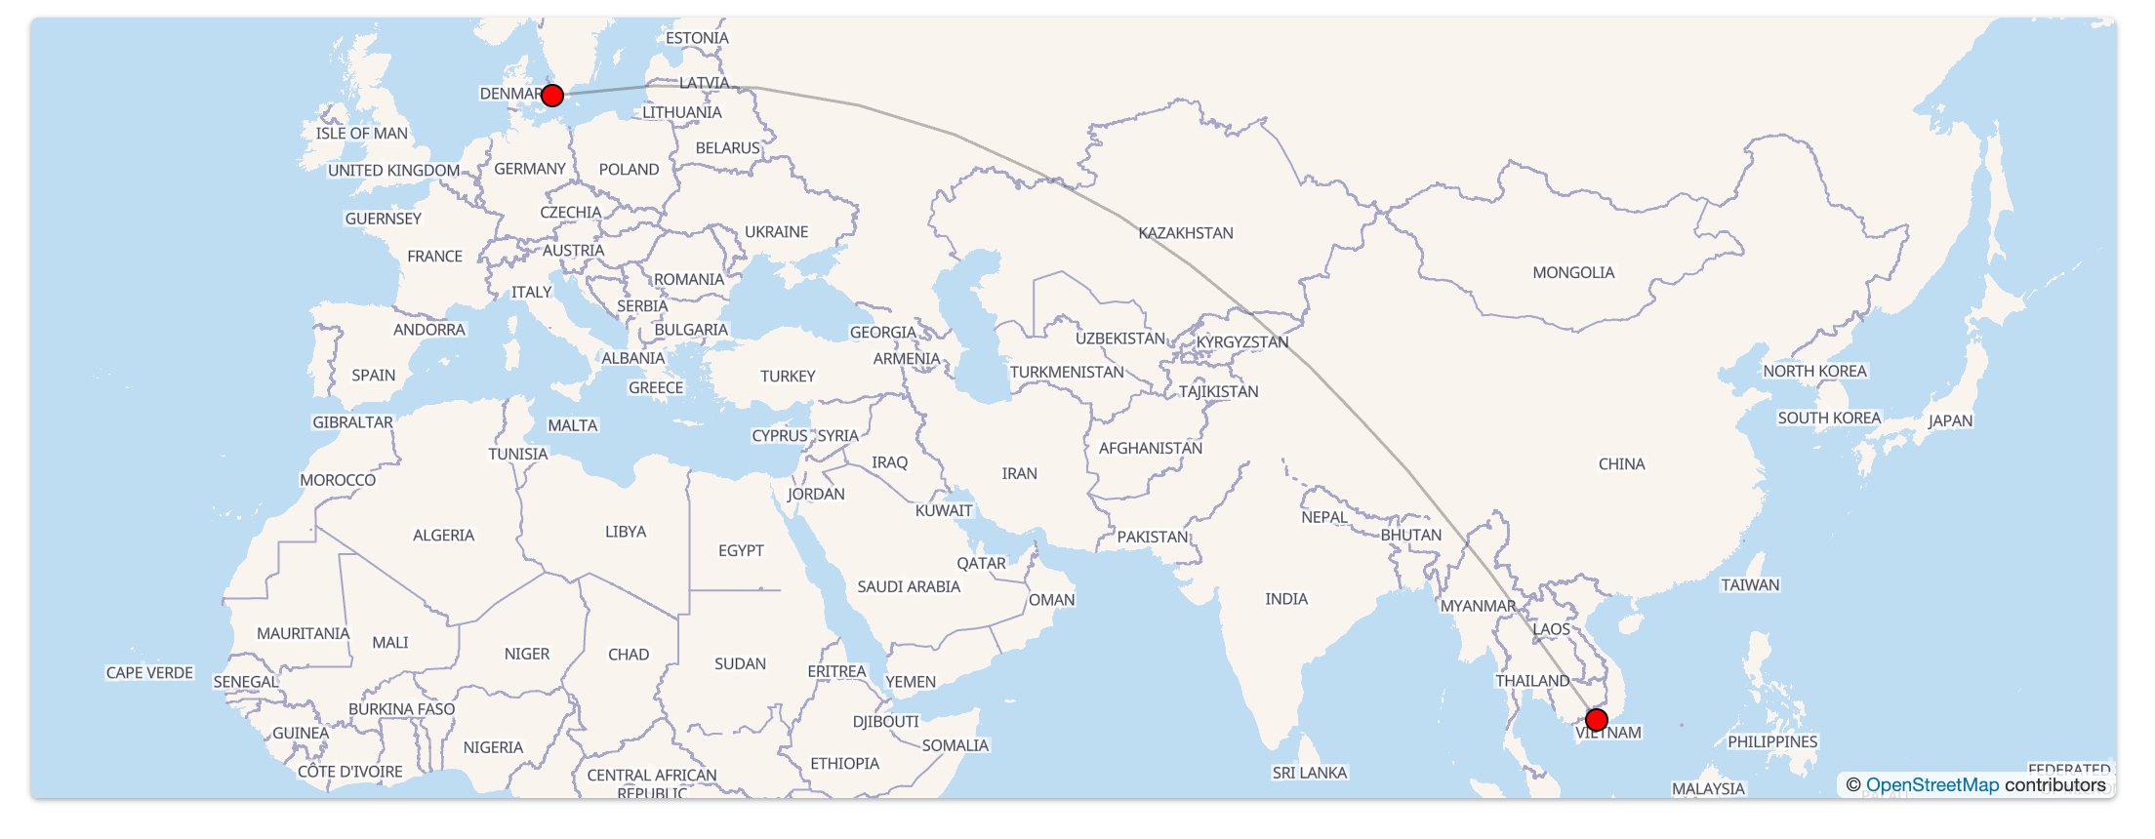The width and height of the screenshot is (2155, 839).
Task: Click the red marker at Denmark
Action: click(552, 96)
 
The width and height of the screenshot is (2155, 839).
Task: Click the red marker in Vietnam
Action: click(1597, 720)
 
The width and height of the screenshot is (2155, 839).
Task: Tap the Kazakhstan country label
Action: click(1186, 233)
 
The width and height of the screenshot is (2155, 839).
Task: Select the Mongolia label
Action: click(1573, 273)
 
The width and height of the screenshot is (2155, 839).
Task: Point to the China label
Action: click(1621, 464)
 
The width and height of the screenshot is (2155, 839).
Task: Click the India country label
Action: click(1286, 599)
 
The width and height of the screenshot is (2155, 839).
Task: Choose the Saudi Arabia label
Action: click(909, 586)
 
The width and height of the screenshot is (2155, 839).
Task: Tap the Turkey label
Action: click(788, 377)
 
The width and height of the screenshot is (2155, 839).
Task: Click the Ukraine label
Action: click(777, 232)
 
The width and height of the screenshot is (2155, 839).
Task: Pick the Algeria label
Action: click(443, 536)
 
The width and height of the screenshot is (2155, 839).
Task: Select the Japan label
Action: click(1950, 421)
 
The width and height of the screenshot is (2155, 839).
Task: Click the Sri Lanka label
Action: click(1309, 773)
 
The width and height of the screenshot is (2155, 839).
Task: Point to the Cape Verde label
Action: click(149, 673)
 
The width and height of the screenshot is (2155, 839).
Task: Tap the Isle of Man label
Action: click(362, 134)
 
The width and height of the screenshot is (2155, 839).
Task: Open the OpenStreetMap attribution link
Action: click(1931, 785)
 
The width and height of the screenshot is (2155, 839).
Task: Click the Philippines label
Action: click(1772, 742)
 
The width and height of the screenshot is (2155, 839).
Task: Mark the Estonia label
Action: click(697, 38)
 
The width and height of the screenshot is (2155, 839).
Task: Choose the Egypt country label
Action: click(741, 551)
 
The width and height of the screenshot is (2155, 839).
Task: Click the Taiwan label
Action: click(1750, 585)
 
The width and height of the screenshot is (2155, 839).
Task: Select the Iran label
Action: click(1019, 474)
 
